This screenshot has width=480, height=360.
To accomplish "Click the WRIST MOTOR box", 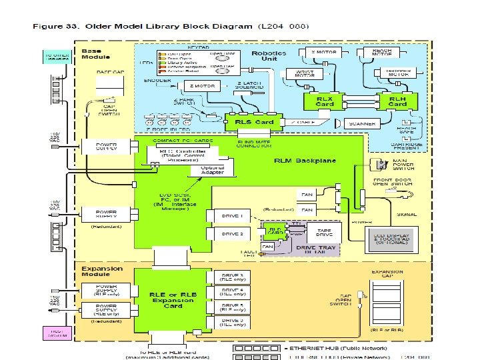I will (301, 74).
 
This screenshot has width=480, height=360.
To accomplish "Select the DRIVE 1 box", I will (231, 217).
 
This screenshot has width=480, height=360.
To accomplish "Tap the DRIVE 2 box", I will (231, 234).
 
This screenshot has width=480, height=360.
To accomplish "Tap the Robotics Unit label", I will (269, 56).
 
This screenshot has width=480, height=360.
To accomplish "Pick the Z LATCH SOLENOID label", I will (250, 85).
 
